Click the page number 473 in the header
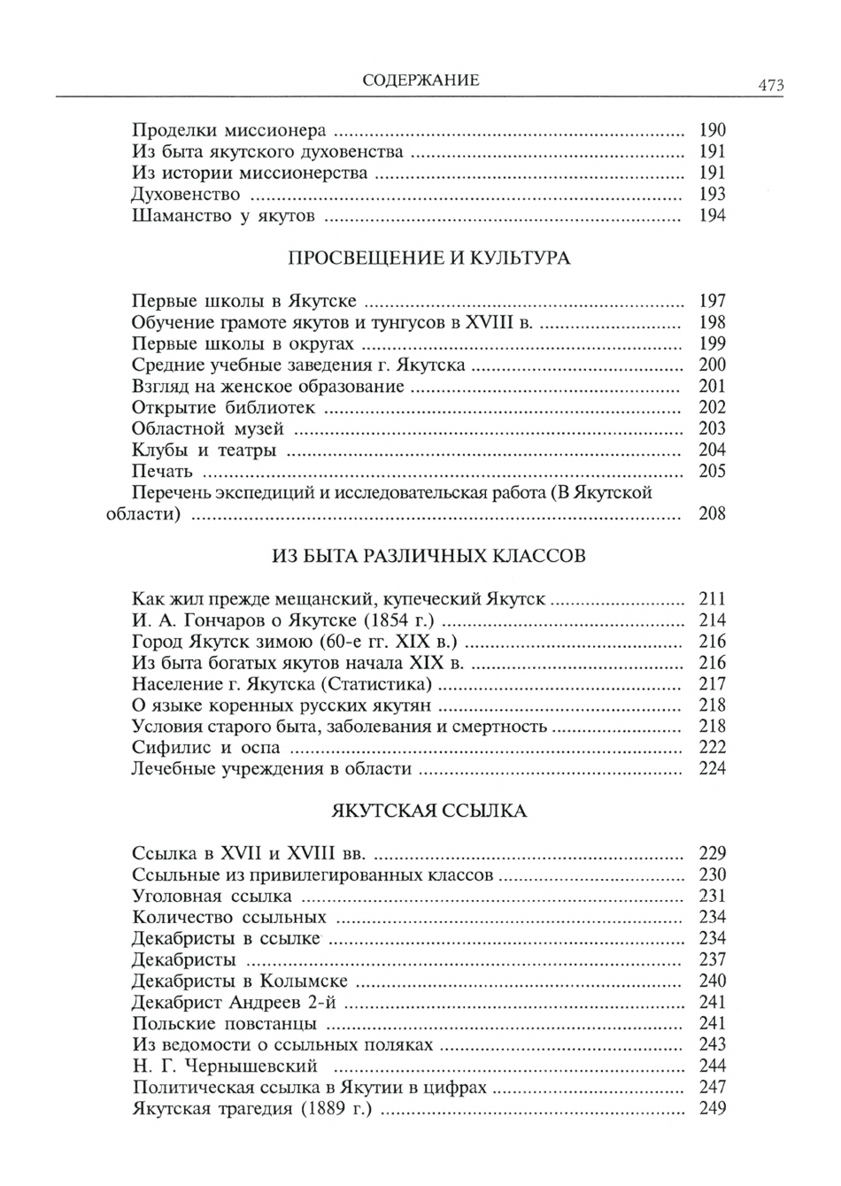pos(769,86)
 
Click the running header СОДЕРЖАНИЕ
pos(420,81)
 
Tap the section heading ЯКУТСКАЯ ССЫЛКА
pos(429,811)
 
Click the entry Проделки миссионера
pos(228,130)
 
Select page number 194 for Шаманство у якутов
pos(712,215)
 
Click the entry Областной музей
pos(207,428)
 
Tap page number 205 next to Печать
pos(712,471)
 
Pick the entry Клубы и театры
pos(204,450)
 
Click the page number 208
pos(712,513)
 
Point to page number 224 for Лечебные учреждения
pos(712,768)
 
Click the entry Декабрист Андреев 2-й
pos(234,1002)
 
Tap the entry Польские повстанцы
pos(224,1023)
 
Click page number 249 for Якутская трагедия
pos(712,1108)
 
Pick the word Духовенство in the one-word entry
pos(185,194)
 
